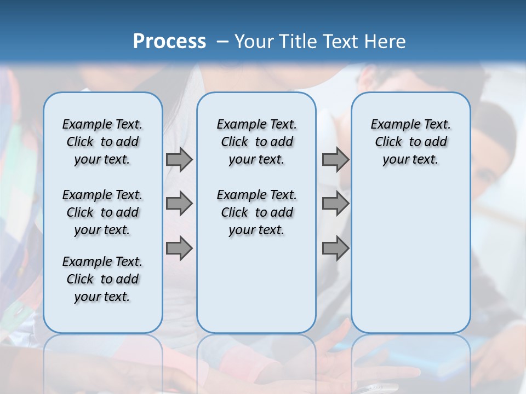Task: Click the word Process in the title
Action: click(169, 42)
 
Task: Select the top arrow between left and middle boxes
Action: click(179, 159)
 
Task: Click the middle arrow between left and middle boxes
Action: click(179, 204)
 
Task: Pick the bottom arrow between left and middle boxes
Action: click(179, 248)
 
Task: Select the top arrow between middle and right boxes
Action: click(335, 159)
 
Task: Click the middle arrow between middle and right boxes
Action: click(335, 204)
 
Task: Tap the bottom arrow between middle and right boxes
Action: click(335, 248)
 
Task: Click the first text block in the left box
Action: click(102, 142)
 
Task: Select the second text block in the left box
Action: click(102, 212)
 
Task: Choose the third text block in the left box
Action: click(102, 279)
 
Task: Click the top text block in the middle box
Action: click(256, 142)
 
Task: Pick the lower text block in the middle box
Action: click(256, 212)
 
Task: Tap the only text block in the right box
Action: click(410, 142)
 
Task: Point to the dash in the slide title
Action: click(222, 42)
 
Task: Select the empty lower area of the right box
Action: click(410, 252)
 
